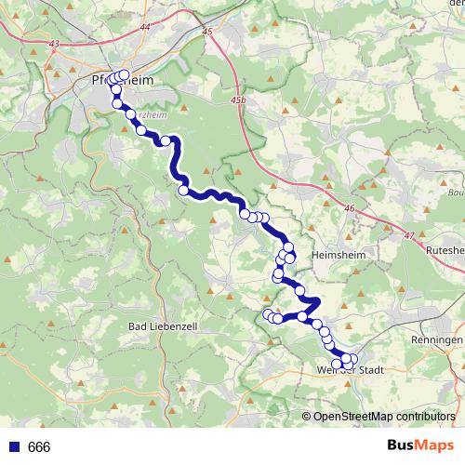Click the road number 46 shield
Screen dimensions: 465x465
click(349, 211)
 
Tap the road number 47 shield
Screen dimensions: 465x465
click(409, 236)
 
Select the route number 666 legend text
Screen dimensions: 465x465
click(39, 447)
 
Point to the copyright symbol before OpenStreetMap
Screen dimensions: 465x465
click(307, 416)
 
